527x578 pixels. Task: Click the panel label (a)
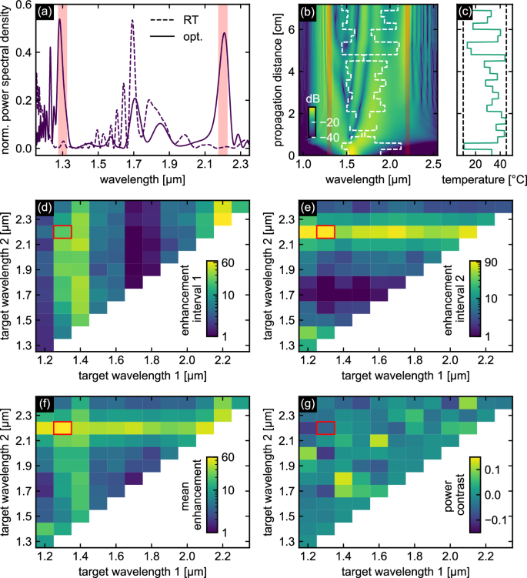45,12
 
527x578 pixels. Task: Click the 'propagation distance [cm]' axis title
280,79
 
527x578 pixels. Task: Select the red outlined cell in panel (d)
63,231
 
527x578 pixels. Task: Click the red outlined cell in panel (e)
325,231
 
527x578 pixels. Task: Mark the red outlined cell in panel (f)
63,428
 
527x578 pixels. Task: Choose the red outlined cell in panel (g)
325,428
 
